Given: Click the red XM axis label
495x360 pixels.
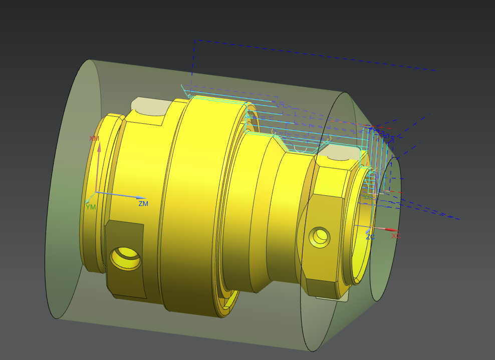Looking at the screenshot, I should (x=94, y=138).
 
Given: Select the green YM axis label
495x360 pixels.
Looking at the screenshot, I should (x=90, y=206).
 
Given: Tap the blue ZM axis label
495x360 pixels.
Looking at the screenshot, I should (x=143, y=204).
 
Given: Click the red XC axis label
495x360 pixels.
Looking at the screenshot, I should (x=396, y=235).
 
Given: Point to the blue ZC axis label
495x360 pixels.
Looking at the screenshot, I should (x=370, y=237).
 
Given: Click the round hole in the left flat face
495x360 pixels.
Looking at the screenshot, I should (x=125, y=258).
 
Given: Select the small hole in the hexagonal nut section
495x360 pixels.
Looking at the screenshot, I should (x=319, y=236).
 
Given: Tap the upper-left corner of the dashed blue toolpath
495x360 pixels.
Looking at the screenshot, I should (x=195, y=40).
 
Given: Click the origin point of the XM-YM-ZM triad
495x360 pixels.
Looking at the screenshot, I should (x=96, y=193).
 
